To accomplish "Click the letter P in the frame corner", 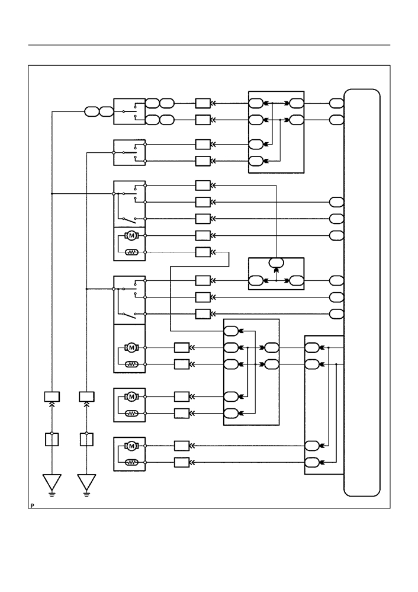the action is click(33, 505).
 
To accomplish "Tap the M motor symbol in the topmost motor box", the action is click(131, 236).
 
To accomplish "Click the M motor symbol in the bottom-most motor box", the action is click(131, 446).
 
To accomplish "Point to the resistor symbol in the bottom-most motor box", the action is click(131, 462).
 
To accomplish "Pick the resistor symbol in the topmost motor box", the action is click(131, 252).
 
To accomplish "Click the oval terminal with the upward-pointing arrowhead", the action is click(276, 263).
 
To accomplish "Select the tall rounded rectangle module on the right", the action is click(362, 293).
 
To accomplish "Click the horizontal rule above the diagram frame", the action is click(209, 45).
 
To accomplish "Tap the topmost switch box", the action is click(130, 112).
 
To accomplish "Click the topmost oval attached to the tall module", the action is click(336, 103).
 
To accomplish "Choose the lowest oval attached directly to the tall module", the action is click(336, 313).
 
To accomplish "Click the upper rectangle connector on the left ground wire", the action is click(52, 397).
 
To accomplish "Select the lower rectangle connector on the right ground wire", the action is click(87, 440).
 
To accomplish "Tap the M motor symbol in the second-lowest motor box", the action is click(131, 397).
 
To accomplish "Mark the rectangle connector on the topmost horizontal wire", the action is click(203, 103).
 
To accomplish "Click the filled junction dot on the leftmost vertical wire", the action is click(52, 194).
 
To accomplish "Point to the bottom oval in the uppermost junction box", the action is click(256, 161).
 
